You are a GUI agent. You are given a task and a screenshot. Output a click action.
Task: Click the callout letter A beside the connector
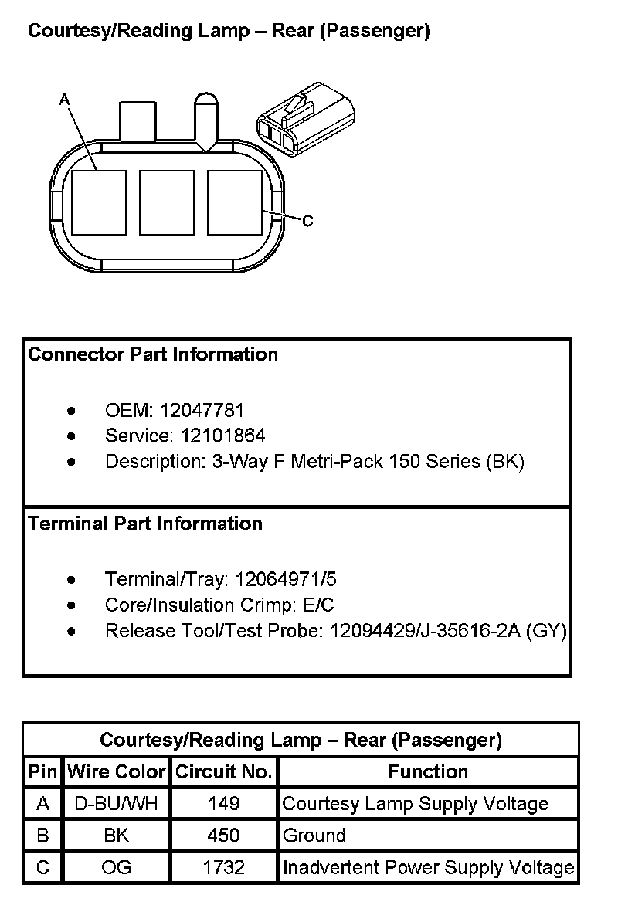[x=64, y=100]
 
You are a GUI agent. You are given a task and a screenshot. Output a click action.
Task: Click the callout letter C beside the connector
[x=307, y=222]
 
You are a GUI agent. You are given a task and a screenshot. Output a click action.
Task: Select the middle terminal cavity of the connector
[x=166, y=202]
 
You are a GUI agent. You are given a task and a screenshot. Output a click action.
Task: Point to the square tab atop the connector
[x=138, y=120]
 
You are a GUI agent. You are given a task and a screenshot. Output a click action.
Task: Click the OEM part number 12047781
[x=212, y=411]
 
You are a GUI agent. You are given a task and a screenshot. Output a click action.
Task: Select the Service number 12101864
[x=223, y=436]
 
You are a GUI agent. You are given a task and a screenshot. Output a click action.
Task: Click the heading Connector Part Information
[x=153, y=354]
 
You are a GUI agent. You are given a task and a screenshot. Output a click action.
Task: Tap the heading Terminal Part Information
[x=145, y=524]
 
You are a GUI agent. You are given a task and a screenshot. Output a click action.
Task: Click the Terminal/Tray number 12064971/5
[x=286, y=579]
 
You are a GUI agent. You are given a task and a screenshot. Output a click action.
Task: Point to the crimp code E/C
[x=317, y=605]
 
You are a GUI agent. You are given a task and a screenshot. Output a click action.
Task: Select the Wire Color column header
[x=117, y=771]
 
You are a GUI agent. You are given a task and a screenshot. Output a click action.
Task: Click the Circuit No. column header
[x=224, y=771]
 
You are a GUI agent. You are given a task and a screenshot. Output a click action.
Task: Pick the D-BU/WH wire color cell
[x=117, y=804]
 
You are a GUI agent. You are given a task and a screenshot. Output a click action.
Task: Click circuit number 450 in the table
[x=224, y=836]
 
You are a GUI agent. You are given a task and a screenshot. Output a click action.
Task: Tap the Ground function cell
[x=314, y=836]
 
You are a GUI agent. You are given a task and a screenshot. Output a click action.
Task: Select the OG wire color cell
[x=117, y=867]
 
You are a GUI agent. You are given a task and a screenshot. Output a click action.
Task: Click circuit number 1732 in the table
[x=224, y=867]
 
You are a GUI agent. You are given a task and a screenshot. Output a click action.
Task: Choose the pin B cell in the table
[x=43, y=836]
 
